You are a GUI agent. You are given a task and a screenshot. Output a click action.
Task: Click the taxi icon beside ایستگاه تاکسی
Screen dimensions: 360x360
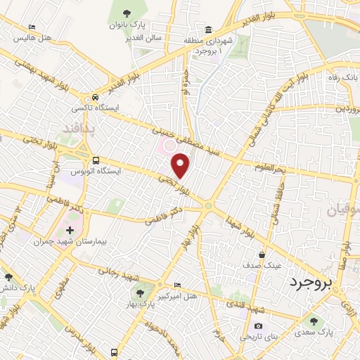tap(94, 97)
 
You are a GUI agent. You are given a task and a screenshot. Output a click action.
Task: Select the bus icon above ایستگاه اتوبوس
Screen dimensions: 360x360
tap(96, 160)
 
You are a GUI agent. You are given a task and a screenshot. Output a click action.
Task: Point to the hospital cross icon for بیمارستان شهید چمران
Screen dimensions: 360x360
tap(70, 229)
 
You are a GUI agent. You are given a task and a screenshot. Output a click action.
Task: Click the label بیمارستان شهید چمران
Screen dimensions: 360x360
tap(70, 240)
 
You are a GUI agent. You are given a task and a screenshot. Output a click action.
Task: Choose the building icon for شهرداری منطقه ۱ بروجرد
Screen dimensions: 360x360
tap(208, 30)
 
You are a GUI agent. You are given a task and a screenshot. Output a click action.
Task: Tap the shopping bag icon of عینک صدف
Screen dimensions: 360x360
tap(262, 255)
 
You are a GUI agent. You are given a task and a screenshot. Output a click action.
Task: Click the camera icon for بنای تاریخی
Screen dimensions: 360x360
tap(259, 326)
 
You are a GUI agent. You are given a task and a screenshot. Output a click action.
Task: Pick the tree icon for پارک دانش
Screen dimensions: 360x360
tap(8, 277)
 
